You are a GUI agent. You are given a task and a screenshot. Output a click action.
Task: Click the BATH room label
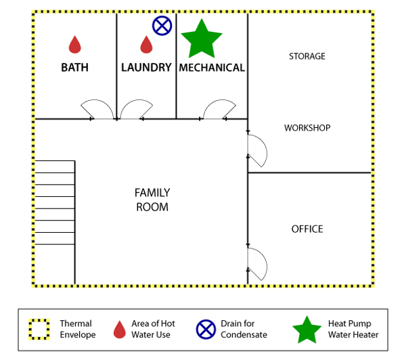coord(74,68)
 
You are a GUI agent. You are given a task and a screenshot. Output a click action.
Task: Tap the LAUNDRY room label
coord(146,68)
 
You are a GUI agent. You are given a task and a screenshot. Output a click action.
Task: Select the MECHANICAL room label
coord(212,68)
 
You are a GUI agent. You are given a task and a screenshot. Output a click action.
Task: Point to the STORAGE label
coord(307,56)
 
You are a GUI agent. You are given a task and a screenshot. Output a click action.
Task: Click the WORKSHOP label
coord(307,128)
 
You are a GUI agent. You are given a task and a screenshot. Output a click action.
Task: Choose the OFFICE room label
coord(307,229)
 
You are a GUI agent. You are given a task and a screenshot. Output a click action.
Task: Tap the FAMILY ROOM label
coord(152,200)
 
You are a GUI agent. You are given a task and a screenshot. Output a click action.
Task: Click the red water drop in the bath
coord(75,45)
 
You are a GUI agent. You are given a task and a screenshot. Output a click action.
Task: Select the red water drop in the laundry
coord(146,45)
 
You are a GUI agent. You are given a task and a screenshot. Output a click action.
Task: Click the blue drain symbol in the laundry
coord(162,26)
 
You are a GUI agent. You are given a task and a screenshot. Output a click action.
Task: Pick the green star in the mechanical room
coord(202,39)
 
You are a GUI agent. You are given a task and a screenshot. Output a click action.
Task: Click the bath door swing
coord(96,100)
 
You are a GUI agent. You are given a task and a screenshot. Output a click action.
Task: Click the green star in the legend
coord(307,330)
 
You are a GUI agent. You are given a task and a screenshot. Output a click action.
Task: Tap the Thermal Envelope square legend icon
coord(39,330)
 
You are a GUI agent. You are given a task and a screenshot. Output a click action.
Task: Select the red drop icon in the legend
coord(120,330)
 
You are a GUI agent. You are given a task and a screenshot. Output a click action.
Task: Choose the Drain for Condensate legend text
coord(244,329)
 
